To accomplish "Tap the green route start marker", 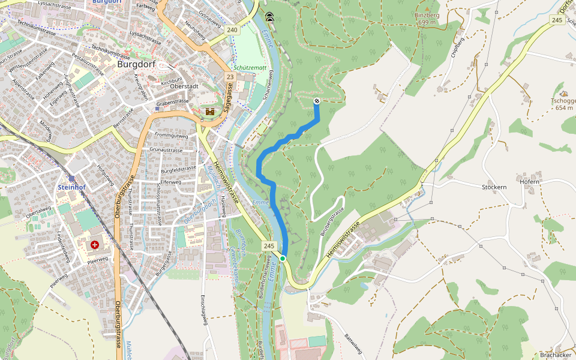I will pos(283,258).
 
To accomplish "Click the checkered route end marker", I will pos(317,101).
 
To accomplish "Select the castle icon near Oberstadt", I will pos(211,112).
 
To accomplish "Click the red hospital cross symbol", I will pos(95,245).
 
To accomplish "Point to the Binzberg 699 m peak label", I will pos(427,18).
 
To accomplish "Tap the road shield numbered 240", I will pos(233,29).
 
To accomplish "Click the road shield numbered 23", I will pos(230,77).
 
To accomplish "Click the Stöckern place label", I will pos(494,187).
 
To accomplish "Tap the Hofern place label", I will pos(530,181).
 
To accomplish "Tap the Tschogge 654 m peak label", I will pos(563,104).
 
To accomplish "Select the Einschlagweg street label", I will pos(205,311).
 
